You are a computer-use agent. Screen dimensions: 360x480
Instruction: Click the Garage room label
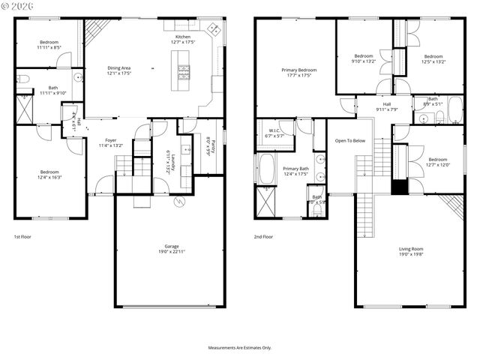[172, 246]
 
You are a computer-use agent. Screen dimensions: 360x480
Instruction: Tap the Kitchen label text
[184, 37]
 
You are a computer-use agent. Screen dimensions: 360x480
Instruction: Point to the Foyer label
[110, 140]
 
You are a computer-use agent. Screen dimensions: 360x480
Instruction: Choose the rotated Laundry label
[172, 160]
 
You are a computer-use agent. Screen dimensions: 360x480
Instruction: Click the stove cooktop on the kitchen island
[184, 72]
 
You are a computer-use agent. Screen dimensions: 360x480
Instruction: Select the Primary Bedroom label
[298, 70]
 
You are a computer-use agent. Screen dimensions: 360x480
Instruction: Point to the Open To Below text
[350, 140]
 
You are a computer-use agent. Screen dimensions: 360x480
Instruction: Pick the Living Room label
[410, 253]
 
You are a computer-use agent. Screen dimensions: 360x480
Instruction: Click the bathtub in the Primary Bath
[268, 168]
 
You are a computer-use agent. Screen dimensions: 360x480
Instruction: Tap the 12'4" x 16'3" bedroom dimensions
[49, 177]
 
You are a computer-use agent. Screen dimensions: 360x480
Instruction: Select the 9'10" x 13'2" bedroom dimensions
[364, 62]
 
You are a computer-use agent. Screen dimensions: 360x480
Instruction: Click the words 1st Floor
[22, 236]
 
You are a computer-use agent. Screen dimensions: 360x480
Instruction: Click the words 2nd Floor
[263, 236]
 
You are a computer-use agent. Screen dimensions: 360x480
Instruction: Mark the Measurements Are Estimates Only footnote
[240, 348]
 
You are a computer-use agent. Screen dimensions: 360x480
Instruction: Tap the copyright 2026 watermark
[19, 8]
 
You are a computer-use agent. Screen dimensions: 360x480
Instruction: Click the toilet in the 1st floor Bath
[22, 78]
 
